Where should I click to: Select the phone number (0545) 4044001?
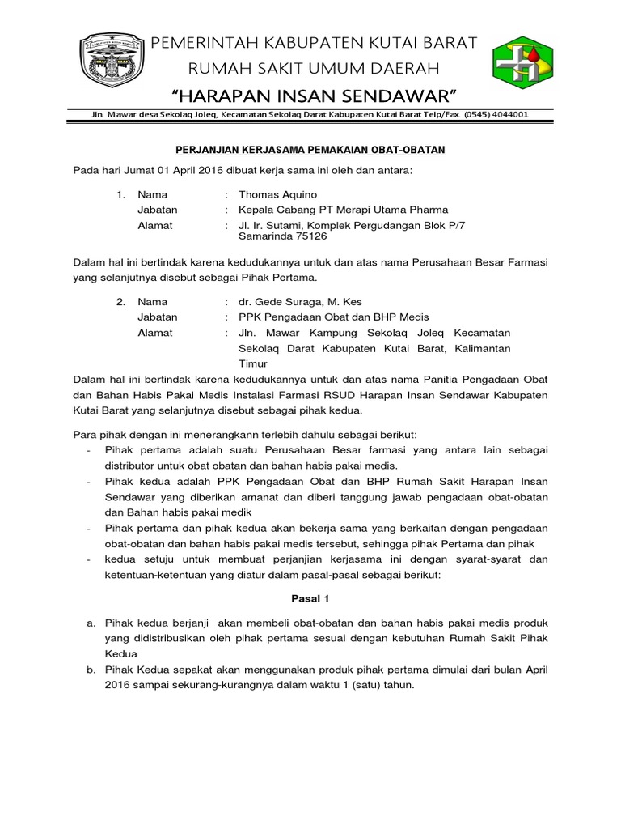point(495,115)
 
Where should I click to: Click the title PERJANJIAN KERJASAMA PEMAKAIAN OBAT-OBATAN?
point(311,151)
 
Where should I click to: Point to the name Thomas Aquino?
point(278,195)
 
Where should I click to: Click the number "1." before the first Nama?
point(121,195)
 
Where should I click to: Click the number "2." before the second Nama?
point(121,302)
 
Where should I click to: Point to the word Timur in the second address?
point(251,364)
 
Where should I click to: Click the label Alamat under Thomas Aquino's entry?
point(155,226)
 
